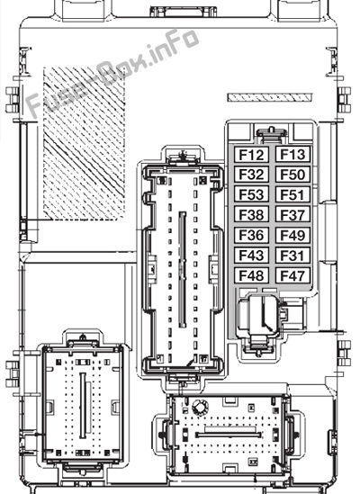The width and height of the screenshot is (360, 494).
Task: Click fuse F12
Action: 251,155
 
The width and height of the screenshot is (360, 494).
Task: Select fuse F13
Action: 292,155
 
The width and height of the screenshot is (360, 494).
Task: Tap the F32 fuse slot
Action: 251,175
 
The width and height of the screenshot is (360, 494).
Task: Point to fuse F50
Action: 292,175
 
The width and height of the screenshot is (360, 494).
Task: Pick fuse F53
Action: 251,194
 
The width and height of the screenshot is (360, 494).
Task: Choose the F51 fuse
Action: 292,194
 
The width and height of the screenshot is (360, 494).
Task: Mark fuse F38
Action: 251,215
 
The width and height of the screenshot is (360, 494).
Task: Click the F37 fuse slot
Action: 292,215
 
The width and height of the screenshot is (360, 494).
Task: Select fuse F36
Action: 251,235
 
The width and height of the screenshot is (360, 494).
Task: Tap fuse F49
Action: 292,235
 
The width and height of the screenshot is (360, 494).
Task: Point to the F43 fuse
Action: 251,256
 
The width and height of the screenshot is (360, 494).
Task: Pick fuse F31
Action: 292,256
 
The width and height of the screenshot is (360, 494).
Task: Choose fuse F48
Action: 251,275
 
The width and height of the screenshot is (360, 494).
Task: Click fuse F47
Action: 292,275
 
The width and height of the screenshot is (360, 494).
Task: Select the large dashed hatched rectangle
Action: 84,143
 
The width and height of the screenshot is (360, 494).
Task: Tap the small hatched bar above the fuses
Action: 270,97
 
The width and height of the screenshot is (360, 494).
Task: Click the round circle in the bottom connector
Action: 200,408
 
